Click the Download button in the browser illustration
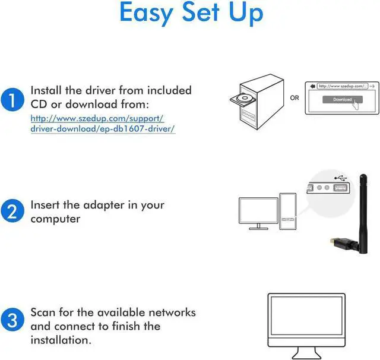(342, 99)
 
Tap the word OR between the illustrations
(294, 97)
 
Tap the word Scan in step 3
(43, 312)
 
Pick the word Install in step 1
(48, 90)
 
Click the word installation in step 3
(61, 340)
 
